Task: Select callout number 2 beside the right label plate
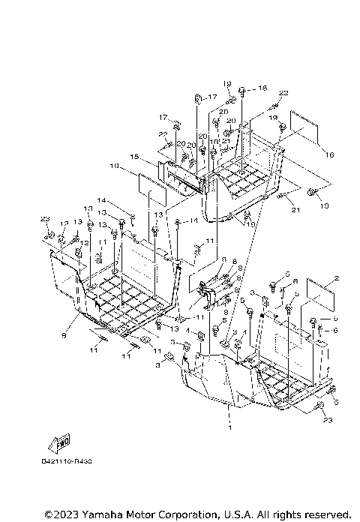(337, 278)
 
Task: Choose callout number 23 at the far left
(45, 218)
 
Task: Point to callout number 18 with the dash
(260, 88)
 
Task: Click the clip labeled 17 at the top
(198, 97)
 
